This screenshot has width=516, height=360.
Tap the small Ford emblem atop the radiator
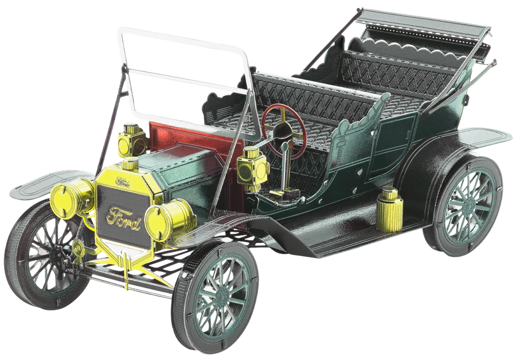pyautogui.click(x=123, y=181)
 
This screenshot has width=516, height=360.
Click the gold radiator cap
pyautogui.click(x=131, y=164)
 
